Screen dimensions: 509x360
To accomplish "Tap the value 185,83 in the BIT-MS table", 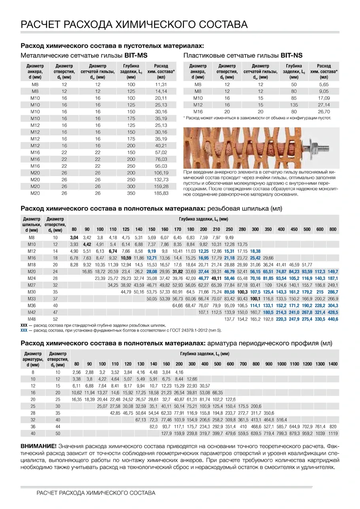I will click(161, 193).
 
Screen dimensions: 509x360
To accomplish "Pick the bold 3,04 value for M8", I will click(74, 237).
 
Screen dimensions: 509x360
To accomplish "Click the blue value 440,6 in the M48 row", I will click(333, 319).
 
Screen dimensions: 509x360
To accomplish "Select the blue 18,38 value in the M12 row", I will click(255, 251).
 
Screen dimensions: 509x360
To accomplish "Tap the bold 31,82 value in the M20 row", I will click(178, 271).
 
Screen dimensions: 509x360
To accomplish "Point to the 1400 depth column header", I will click(333, 364).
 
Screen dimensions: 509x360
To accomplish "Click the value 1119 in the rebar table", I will click(333, 433).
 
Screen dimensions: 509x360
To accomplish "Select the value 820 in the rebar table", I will click(333, 426).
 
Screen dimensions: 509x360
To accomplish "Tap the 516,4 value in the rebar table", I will click(281, 420).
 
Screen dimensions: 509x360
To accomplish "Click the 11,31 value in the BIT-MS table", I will click(161, 85).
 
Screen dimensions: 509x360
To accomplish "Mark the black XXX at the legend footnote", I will click(23, 325).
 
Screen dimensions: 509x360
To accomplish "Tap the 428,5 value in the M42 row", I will click(333, 312).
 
